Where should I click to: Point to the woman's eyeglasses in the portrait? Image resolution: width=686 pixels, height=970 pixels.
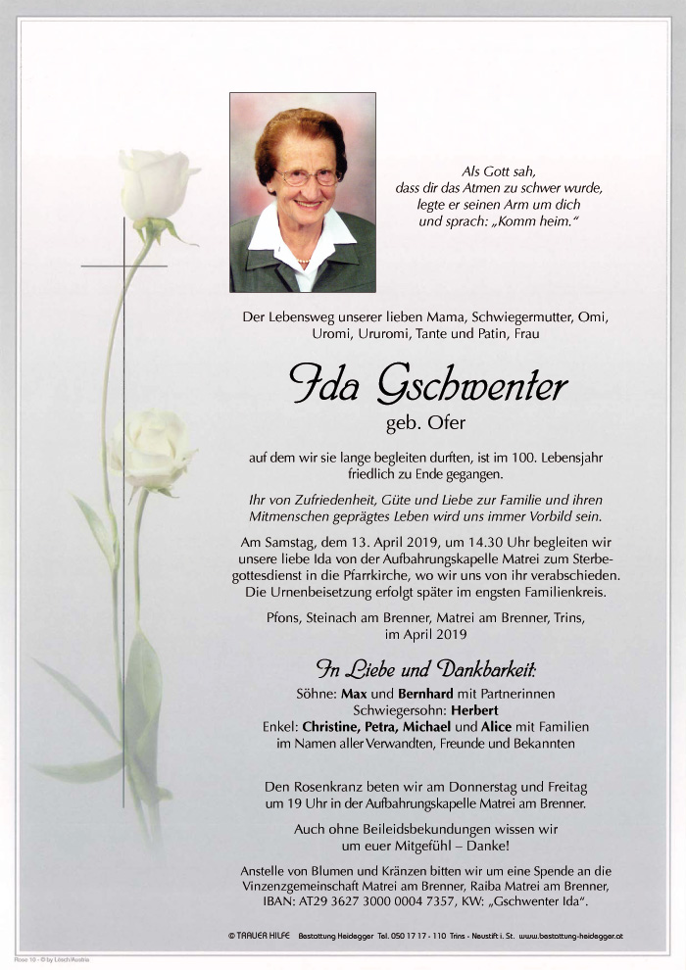tap(306, 177)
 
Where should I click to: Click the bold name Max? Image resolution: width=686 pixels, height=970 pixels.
tap(353, 694)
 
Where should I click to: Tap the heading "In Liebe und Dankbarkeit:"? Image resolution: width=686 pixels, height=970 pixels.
tap(425, 671)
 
